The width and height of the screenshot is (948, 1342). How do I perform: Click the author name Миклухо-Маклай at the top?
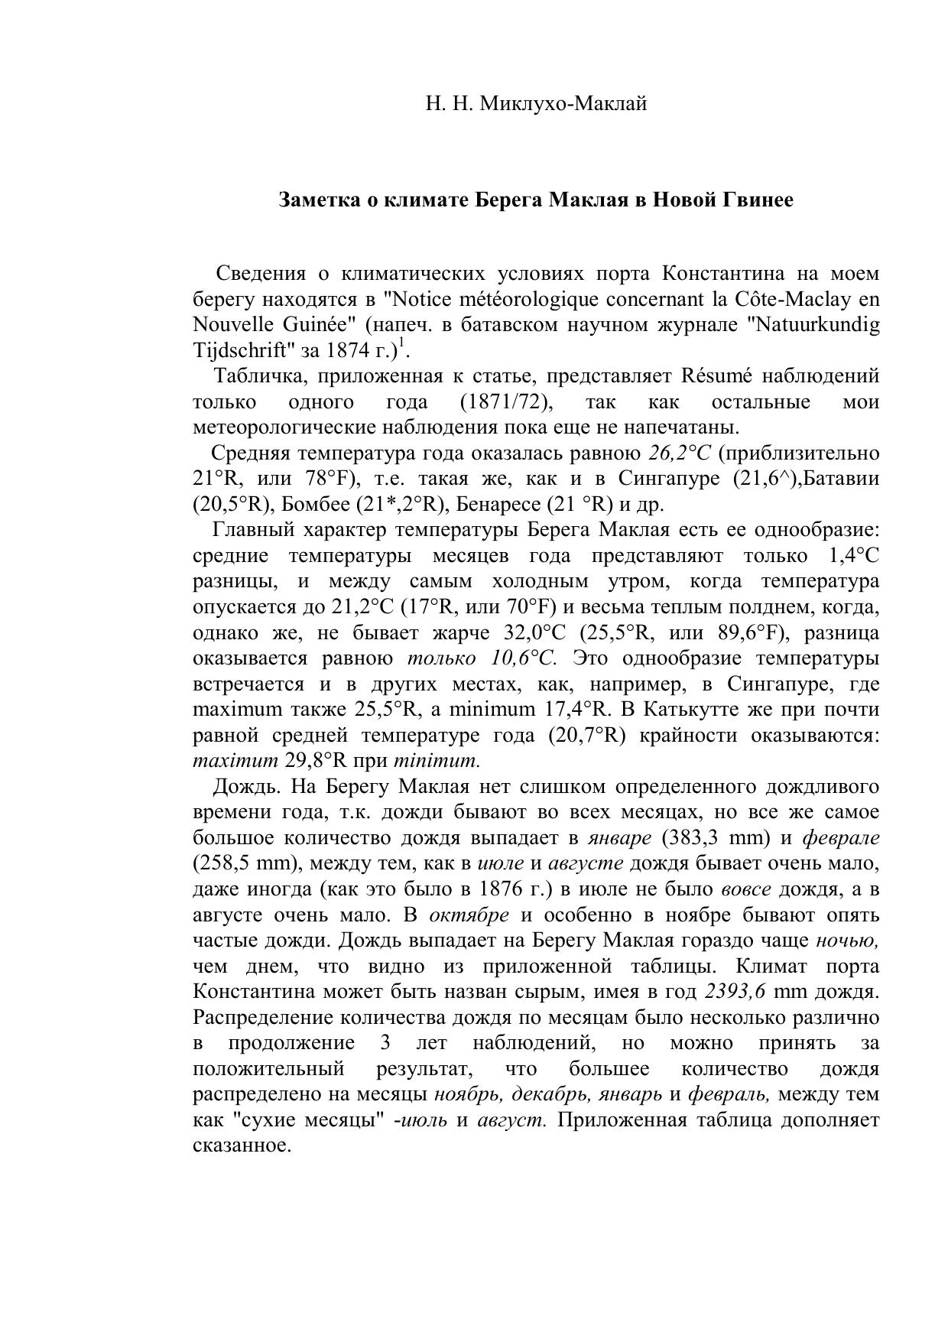tap(563, 103)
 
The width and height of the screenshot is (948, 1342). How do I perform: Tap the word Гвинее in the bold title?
tap(755, 200)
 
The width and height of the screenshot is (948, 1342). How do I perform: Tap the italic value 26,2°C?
tap(679, 453)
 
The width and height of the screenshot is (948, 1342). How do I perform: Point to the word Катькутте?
tap(693, 710)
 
